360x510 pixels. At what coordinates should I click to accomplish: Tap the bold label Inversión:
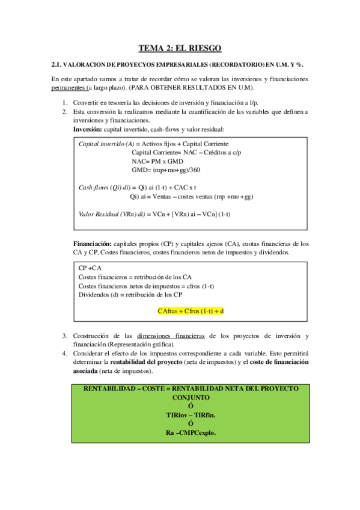click(x=88, y=129)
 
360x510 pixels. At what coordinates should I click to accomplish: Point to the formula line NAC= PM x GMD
click(x=157, y=161)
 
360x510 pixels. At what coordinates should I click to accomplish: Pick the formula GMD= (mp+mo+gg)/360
click(x=166, y=170)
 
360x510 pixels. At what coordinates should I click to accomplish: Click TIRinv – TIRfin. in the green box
click(x=191, y=415)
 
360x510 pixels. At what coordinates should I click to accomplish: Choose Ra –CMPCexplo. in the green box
click(x=191, y=432)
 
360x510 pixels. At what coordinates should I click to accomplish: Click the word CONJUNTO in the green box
click(x=191, y=398)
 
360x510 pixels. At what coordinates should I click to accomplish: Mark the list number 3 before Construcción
click(x=65, y=335)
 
